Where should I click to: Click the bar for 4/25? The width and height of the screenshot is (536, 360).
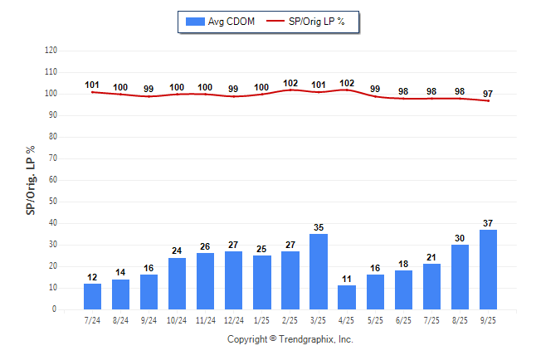[x=347, y=297]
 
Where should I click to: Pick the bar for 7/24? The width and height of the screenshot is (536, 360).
[x=92, y=296]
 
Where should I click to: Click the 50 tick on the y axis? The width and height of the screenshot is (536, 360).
[x=53, y=202]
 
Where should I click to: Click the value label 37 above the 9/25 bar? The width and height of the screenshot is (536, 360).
[x=488, y=222]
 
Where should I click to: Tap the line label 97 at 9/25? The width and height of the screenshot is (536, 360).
[x=488, y=94]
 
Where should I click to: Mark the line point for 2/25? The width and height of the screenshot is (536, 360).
[x=290, y=90]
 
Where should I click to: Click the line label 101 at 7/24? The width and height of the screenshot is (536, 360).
[x=92, y=85]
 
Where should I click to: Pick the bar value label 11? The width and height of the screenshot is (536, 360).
[x=347, y=278]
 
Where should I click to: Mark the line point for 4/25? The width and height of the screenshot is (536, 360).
[x=347, y=90]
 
